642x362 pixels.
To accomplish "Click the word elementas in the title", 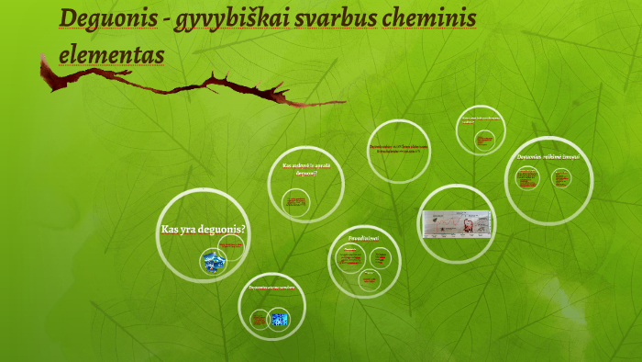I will [x=111, y=53].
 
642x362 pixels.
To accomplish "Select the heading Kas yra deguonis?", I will [x=204, y=229].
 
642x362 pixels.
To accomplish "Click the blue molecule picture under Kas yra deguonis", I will [x=214, y=263].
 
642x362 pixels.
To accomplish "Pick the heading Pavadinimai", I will [x=363, y=238].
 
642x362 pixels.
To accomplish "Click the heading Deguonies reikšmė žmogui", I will [x=548, y=157].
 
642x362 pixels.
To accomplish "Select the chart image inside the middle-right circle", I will [x=456, y=222].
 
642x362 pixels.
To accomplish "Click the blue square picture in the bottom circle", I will [x=280, y=320].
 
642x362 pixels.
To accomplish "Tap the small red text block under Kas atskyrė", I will [x=295, y=201].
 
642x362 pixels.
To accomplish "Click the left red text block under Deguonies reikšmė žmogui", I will [x=528, y=180].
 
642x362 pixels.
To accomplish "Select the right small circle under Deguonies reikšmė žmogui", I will [x=560, y=180].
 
